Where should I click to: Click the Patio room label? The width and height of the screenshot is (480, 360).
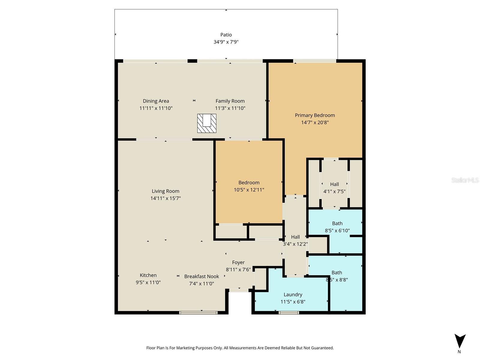pyautogui.click(x=226, y=35)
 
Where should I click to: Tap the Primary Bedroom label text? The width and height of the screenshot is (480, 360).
pyautogui.click(x=315, y=115)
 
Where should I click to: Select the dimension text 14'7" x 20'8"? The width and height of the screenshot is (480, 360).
pyautogui.click(x=315, y=122)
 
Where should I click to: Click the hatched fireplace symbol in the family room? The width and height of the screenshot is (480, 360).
pyautogui.click(x=207, y=123)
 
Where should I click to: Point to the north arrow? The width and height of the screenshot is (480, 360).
pyautogui.click(x=460, y=341)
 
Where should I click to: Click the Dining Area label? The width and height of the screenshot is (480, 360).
pyautogui.click(x=156, y=101)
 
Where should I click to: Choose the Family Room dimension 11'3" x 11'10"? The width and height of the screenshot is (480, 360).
pyautogui.click(x=230, y=108)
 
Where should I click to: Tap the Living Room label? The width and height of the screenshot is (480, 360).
pyautogui.click(x=166, y=191)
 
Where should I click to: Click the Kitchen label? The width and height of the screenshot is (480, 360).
pyautogui.click(x=148, y=275)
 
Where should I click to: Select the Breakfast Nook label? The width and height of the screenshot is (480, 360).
pyautogui.click(x=201, y=277)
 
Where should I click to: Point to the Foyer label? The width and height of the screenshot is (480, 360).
pyautogui.click(x=238, y=262)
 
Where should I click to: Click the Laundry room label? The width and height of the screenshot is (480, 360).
pyautogui.click(x=293, y=295)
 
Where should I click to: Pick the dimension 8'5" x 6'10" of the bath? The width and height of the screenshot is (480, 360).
pyautogui.click(x=337, y=231)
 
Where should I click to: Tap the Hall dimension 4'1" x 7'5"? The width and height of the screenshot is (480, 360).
pyautogui.click(x=334, y=191)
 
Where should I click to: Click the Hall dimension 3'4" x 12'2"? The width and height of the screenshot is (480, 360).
pyautogui.click(x=295, y=244)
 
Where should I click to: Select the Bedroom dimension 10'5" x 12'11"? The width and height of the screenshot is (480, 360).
pyautogui.click(x=249, y=190)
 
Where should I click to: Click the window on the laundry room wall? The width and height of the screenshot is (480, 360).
pyautogui.click(x=289, y=313)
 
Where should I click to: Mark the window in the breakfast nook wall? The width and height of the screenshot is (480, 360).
pyautogui.click(x=198, y=313)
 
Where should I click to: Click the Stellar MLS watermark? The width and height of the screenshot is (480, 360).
pyautogui.click(x=465, y=180)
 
